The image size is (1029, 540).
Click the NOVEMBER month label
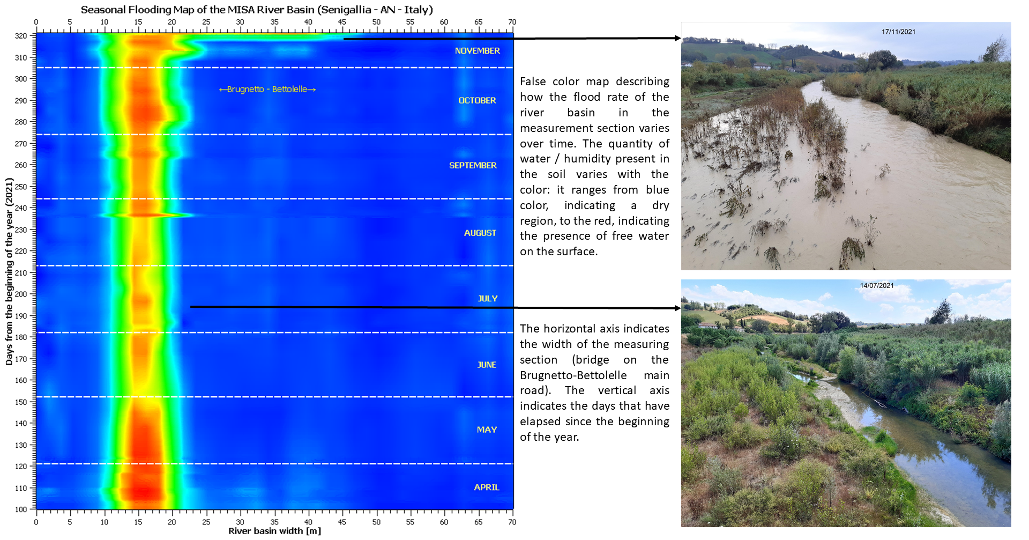[x=477, y=50]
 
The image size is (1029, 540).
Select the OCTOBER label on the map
[x=477, y=100]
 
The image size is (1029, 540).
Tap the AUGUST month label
[x=480, y=233]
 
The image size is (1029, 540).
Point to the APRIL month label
[x=486, y=487]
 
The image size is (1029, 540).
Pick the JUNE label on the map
[x=487, y=365]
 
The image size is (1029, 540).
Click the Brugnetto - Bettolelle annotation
[x=267, y=89]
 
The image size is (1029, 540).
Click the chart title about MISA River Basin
[x=257, y=10]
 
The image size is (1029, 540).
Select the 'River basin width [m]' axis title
[x=274, y=531]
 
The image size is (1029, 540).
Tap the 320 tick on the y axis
[x=21, y=36]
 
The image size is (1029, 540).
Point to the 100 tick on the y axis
[x=21, y=509]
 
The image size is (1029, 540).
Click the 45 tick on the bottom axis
[x=342, y=522]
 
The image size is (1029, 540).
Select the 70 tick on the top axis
[x=512, y=22]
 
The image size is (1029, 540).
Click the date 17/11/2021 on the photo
[x=898, y=32]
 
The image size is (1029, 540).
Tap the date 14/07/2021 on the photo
[x=877, y=285]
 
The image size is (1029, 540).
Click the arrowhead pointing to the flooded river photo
[x=677, y=38]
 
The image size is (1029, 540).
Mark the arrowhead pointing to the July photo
[x=677, y=308]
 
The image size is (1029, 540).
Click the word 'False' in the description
[x=533, y=82]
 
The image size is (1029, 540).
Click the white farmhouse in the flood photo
[x=762, y=66]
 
